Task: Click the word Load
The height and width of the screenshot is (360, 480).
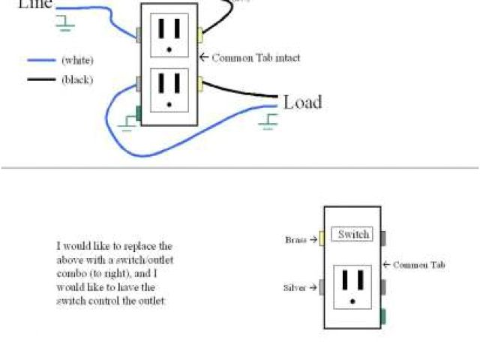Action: coord(302,102)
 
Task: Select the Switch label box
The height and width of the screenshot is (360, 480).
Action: coord(352,235)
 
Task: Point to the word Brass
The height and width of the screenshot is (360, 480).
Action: coord(295,240)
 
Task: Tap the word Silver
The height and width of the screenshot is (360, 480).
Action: coord(294,287)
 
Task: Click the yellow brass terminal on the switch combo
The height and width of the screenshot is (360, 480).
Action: coord(320,237)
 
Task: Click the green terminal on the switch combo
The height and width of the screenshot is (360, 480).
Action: coord(384,316)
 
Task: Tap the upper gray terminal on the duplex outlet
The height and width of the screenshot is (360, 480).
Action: coord(139,34)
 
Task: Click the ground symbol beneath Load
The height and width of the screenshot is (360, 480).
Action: coord(268,121)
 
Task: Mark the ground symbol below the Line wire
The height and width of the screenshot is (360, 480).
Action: coord(66,24)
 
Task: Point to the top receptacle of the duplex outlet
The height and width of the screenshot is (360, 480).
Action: coord(169,32)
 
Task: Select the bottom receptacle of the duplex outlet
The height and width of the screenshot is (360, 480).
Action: coord(169,89)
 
